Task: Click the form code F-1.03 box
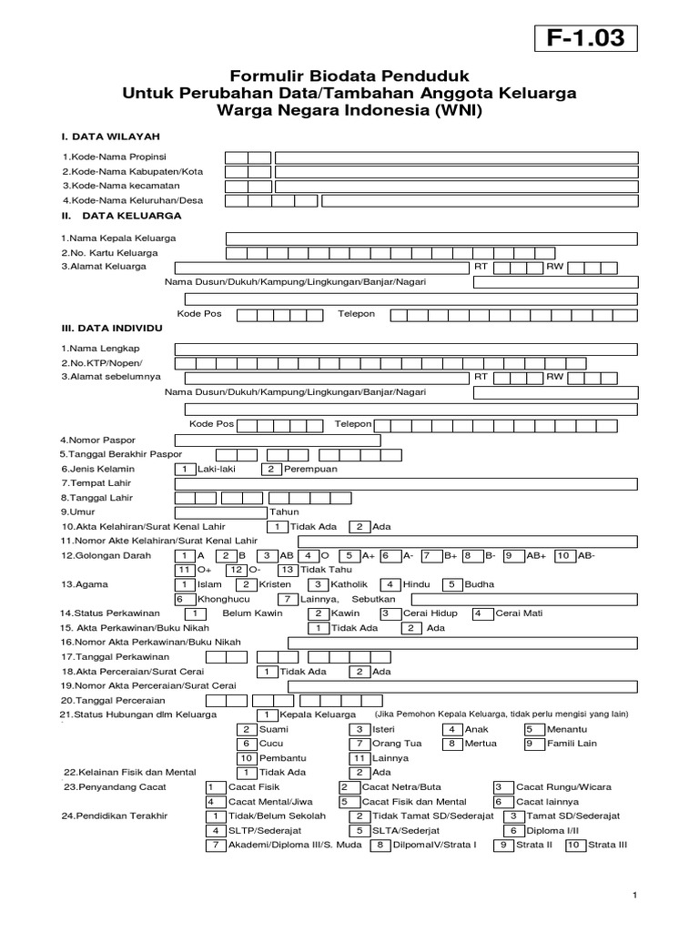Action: coord(585,39)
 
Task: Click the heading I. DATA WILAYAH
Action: coord(110,136)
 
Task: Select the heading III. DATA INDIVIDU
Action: coord(112,326)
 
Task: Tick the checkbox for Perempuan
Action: coord(271,469)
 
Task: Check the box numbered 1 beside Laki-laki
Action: coord(185,469)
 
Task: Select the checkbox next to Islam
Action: coord(185,584)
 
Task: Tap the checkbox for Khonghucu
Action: coord(181,600)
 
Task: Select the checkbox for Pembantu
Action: coord(246,758)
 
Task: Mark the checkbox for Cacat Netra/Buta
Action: coord(345,787)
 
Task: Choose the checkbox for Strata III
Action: coord(574,846)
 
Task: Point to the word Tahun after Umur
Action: coord(285,512)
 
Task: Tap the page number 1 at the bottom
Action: coord(634,898)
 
